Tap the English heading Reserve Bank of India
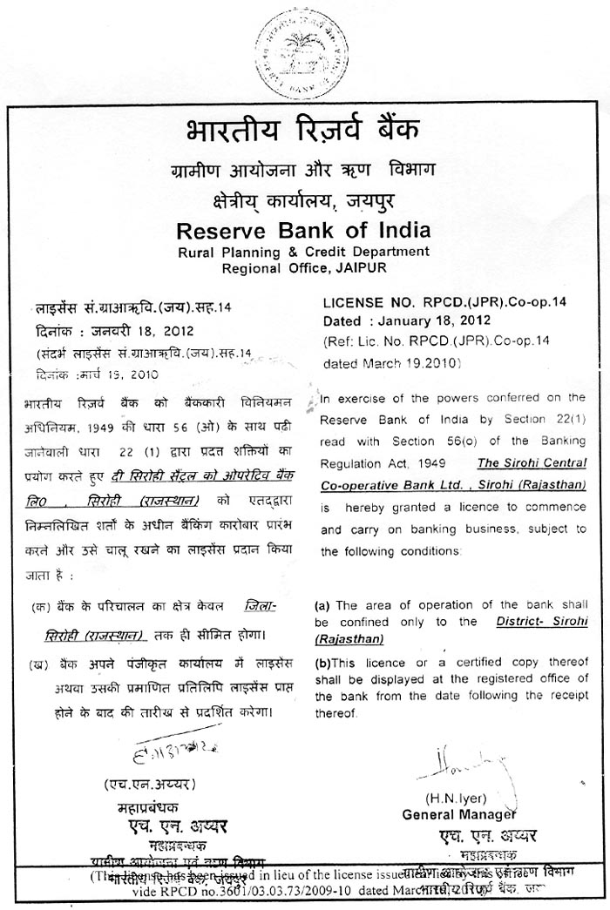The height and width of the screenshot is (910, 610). point(303,232)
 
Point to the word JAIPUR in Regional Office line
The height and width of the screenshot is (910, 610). point(359,268)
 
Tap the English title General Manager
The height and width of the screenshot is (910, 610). point(458,814)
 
